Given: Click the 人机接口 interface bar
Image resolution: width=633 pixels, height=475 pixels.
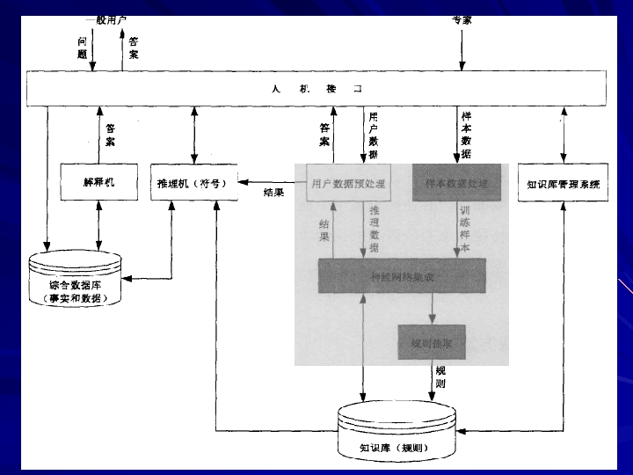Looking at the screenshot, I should tap(316, 89).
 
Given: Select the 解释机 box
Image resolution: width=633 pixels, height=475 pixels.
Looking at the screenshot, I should tap(98, 183).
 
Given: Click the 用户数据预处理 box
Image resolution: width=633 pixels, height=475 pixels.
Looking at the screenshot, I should tap(348, 184).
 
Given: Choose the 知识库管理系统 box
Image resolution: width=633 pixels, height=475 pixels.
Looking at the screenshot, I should tap(563, 184).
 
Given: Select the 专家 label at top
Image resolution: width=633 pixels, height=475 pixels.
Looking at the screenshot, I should tap(461, 20).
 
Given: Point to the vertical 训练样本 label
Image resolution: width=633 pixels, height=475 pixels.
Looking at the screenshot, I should tap(465, 230).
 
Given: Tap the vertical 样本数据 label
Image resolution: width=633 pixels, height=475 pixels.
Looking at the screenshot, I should tap(466, 135).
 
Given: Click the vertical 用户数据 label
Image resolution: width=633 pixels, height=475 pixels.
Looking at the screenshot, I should tap(374, 135).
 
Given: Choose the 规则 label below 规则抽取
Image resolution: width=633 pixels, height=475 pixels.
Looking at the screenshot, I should tap(440, 378).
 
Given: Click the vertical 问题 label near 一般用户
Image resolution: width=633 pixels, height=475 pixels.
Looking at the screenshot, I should tap(82, 47).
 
